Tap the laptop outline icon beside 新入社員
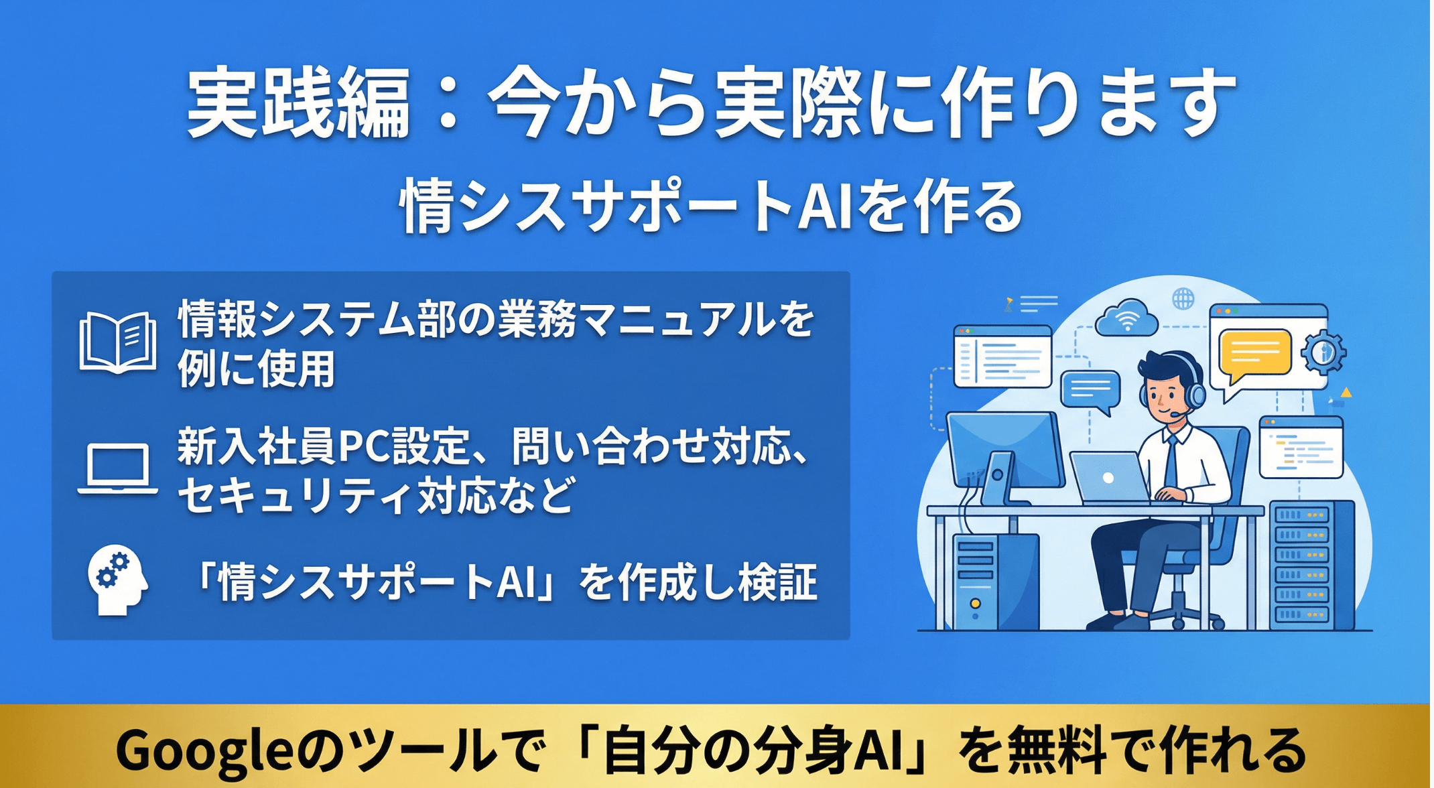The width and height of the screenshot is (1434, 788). (118, 469)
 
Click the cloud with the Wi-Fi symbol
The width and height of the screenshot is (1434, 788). (1127, 318)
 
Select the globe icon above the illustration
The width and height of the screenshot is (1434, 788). (1183, 298)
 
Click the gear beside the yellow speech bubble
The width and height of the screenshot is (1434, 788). (1323, 352)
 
